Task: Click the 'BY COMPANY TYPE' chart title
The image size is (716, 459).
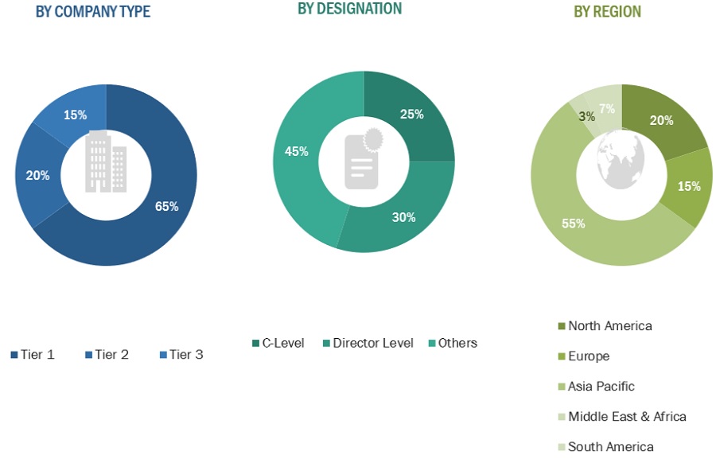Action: (x=92, y=12)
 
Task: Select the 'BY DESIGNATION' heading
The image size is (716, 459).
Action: (x=349, y=9)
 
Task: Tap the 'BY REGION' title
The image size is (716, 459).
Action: (x=607, y=12)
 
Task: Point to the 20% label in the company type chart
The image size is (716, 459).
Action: (x=37, y=175)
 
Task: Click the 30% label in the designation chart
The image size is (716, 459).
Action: (x=403, y=217)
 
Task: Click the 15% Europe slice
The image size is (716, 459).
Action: (x=689, y=187)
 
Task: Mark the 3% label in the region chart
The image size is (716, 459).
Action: (x=587, y=117)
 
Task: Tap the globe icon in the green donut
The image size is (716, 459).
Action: (x=621, y=159)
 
